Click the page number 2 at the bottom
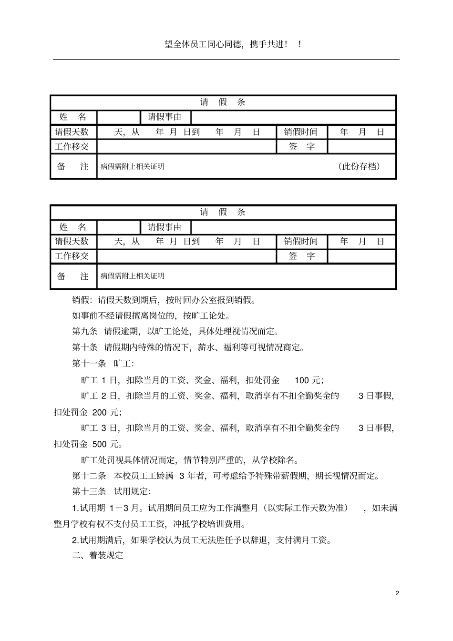[397, 593]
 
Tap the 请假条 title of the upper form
[223, 102]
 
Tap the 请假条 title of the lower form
[223, 212]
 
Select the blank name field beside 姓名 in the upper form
[119, 117]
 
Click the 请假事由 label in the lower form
[165, 227]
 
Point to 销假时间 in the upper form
[301, 132]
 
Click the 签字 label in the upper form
[302, 146]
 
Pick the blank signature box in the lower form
[361, 256]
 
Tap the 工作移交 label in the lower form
[72, 256]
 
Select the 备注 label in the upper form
[73, 166]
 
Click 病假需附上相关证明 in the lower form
[133, 276]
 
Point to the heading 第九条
[85, 331]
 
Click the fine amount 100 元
[309, 380]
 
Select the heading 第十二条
[89, 476]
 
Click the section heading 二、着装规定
[98, 555]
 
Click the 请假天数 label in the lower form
[72, 242]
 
